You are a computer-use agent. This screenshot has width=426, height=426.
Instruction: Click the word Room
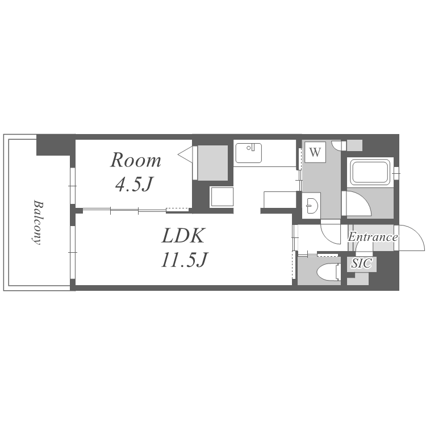pyautogui.click(x=136, y=160)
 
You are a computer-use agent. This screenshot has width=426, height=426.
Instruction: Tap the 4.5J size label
pyautogui.click(x=133, y=184)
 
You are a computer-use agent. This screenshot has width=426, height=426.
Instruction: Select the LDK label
pyautogui.click(x=182, y=235)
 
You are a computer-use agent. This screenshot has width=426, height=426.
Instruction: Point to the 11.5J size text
pyautogui.click(x=185, y=260)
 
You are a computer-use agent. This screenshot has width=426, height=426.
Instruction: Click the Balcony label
pyautogui.click(x=37, y=223)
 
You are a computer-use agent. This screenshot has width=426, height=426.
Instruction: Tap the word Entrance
pyautogui.click(x=373, y=237)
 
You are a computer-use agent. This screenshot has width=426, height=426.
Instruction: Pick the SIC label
pyautogui.click(x=361, y=263)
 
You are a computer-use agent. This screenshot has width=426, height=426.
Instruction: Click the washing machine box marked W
pyautogui.click(x=315, y=152)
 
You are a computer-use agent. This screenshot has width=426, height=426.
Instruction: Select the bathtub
pyautogui.click(x=370, y=172)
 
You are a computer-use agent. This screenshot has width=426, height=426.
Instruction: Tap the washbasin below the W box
pyautogui.click(x=311, y=206)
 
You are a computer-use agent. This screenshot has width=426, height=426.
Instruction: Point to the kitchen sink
pyautogui.click(x=248, y=153)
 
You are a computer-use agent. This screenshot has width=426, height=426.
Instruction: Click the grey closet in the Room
pyautogui.click(x=212, y=163)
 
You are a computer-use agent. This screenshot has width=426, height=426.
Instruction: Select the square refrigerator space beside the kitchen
pyautogui.click(x=222, y=197)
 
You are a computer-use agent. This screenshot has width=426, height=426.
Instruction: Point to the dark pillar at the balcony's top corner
pyautogui.click(x=53, y=145)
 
